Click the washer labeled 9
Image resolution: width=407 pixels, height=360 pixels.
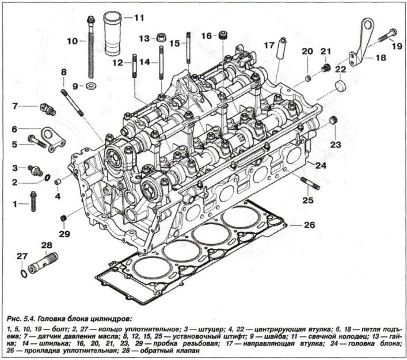92,87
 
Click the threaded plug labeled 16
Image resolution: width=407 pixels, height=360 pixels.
220,37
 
